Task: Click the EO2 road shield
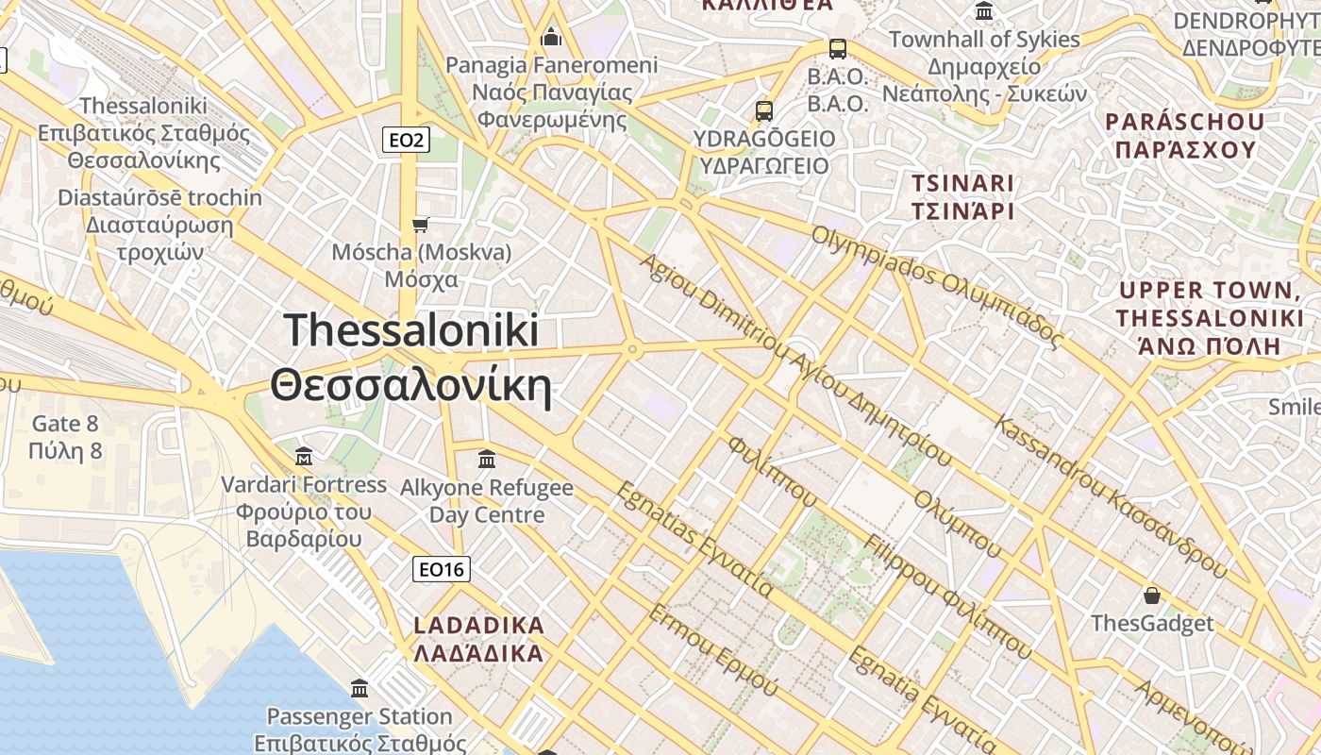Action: click(407, 141)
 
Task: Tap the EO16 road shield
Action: click(442, 569)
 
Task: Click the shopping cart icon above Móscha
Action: click(421, 225)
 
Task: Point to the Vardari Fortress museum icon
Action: click(304, 457)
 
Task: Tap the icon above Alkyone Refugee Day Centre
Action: click(487, 460)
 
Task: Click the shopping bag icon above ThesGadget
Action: click(1151, 596)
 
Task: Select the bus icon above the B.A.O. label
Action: click(837, 48)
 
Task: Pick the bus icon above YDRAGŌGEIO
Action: click(764, 111)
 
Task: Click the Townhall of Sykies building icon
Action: click(984, 11)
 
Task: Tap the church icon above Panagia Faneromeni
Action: click(551, 37)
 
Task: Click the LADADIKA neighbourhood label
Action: click(479, 639)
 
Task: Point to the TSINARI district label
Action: click(962, 196)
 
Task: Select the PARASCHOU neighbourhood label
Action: click(1184, 136)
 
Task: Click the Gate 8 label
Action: click(65, 437)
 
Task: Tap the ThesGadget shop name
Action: click(1152, 624)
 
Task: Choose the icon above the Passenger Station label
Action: click(359, 688)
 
